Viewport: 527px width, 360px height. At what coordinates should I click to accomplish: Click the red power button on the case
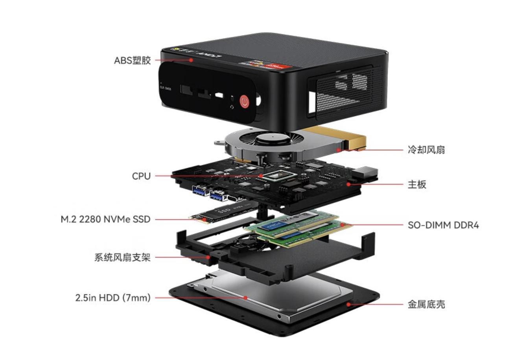click(245, 102)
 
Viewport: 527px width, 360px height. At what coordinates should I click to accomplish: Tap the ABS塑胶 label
click(132, 61)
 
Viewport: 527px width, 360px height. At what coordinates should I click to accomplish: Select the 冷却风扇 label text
click(426, 150)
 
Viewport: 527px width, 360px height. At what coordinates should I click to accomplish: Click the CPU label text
click(141, 176)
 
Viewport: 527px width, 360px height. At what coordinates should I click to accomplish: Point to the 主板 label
click(416, 184)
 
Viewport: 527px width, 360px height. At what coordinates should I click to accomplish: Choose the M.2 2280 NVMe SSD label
click(105, 219)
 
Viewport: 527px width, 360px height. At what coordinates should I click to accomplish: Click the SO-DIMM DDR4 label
click(443, 226)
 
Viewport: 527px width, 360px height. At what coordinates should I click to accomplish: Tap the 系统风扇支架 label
click(122, 258)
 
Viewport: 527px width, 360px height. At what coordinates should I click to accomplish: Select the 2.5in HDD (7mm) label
click(113, 298)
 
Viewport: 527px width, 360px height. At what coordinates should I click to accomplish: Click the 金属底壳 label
click(426, 304)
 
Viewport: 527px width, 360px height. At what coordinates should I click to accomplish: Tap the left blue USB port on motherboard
click(200, 191)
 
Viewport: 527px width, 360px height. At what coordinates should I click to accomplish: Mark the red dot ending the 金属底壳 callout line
click(348, 304)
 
